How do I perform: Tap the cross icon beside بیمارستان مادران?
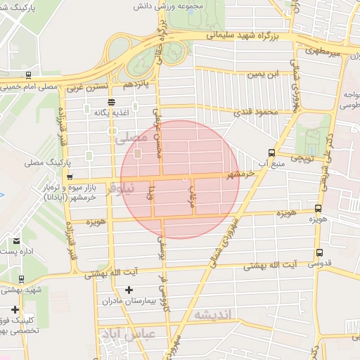(129, 290)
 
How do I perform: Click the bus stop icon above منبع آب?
(272, 153)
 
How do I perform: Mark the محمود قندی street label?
(256, 112)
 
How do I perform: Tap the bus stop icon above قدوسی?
(320, 253)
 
